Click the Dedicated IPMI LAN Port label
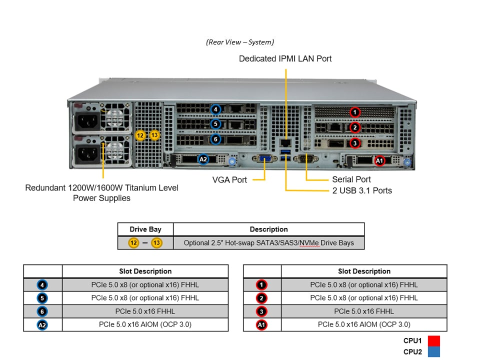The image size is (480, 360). [285, 58]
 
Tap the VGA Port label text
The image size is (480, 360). [230, 179]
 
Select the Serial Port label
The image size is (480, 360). [351, 179]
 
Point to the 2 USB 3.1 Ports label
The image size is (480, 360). [362, 190]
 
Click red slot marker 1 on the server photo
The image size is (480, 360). [354, 112]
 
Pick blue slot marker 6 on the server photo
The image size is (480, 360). [215, 139]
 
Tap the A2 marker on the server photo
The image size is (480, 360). [203, 160]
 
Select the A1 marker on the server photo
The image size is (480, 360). [379, 160]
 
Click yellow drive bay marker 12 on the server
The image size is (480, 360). [140, 135]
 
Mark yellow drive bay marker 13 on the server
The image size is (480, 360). [154, 135]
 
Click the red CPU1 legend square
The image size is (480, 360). [433, 341]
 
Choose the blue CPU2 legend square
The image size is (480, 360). [433, 352]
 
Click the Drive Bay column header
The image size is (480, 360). [145, 229]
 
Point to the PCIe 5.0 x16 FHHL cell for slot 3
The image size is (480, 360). [364, 311]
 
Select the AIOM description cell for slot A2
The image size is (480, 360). [145, 324]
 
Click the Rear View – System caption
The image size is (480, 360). [240, 42]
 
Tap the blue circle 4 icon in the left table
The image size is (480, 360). [42, 285]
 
